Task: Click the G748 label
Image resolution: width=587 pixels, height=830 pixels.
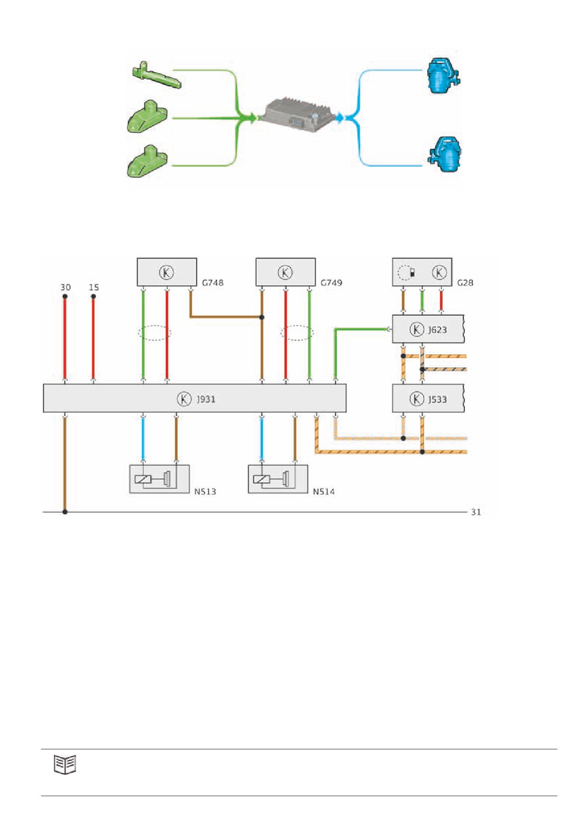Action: point(212,283)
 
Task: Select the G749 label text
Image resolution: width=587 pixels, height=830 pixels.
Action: point(331,283)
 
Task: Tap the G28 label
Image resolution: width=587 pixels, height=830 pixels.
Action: point(465,283)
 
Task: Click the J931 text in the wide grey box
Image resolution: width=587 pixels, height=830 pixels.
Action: point(206,399)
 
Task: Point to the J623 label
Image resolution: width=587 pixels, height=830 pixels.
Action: point(437,330)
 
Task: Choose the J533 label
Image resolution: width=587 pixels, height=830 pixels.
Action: point(437,399)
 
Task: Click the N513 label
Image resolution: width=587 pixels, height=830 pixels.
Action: point(205,492)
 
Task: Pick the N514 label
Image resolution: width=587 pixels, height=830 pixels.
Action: point(324,492)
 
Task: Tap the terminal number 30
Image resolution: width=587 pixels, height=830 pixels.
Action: point(65,288)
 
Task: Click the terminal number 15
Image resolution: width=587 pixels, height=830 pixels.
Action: point(94,288)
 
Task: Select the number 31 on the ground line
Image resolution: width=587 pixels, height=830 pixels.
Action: point(476,512)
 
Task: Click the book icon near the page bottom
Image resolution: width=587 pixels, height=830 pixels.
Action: point(65,764)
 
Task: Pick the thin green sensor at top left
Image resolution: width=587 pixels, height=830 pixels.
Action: point(156,75)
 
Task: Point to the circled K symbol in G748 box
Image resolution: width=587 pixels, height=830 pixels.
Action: point(166,272)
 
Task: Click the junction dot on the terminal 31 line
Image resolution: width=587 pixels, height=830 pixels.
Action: point(65,512)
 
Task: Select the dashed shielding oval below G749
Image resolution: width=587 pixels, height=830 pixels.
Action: point(297,333)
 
